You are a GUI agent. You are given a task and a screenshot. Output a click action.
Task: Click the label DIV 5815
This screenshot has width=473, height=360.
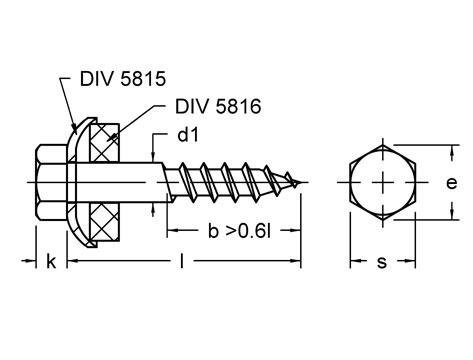point(123,79)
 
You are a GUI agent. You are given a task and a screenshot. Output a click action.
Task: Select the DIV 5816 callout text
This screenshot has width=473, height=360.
point(218,106)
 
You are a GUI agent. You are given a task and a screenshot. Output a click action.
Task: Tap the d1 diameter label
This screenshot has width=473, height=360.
point(188,135)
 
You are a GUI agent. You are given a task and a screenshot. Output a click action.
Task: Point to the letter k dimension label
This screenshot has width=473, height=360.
point(51,261)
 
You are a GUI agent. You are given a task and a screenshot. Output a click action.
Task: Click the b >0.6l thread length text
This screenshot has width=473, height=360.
point(239,231)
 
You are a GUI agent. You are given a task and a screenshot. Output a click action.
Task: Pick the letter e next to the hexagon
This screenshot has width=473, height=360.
point(452,183)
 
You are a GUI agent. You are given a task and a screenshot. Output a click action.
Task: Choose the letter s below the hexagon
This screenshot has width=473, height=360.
point(382,262)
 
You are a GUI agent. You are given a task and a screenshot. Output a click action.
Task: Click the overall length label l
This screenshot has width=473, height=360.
point(182,260)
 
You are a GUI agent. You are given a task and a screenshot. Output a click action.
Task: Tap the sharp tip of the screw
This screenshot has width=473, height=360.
point(301,182)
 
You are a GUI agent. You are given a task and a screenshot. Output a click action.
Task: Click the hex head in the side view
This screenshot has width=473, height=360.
point(51,182)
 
